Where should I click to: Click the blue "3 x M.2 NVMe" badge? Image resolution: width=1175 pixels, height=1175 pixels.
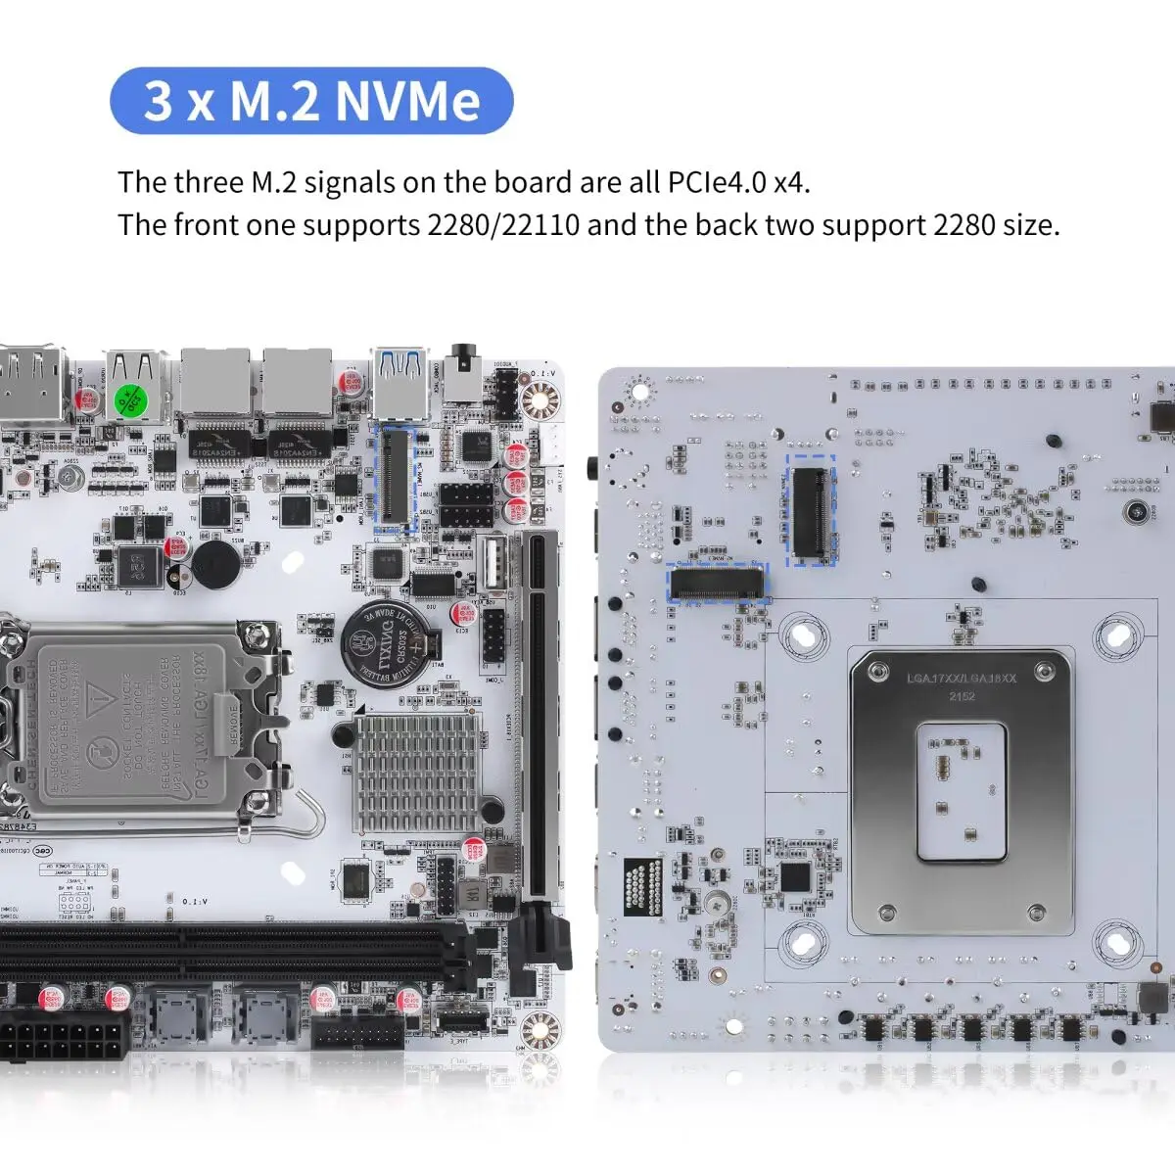[x=311, y=101]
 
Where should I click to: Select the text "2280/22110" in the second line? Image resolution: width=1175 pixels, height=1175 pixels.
[x=503, y=225]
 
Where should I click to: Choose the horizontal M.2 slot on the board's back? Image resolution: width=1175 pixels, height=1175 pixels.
[x=717, y=585]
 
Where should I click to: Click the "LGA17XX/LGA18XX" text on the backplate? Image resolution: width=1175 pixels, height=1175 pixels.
[x=948, y=678]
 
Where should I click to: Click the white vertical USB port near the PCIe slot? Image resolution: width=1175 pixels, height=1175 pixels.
[x=493, y=565]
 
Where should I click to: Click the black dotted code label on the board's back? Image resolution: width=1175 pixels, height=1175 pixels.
[x=642, y=888]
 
